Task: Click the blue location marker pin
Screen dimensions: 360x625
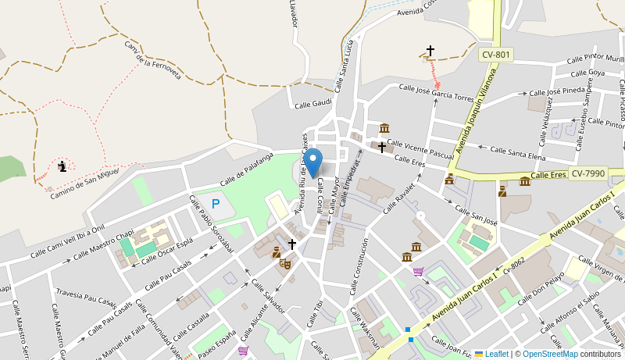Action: (313, 162)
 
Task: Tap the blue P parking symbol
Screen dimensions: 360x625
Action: (216, 204)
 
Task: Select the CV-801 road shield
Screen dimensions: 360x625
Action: (496, 55)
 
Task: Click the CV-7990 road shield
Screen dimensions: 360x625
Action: (587, 173)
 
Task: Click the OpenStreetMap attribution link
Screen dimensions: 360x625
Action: (550, 354)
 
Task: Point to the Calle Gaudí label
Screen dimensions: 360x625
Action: (312, 103)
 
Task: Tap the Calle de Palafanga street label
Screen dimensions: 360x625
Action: (246, 169)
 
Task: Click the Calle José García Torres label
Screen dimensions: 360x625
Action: (436, 93)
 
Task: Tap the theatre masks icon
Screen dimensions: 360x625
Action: (285, 264)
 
